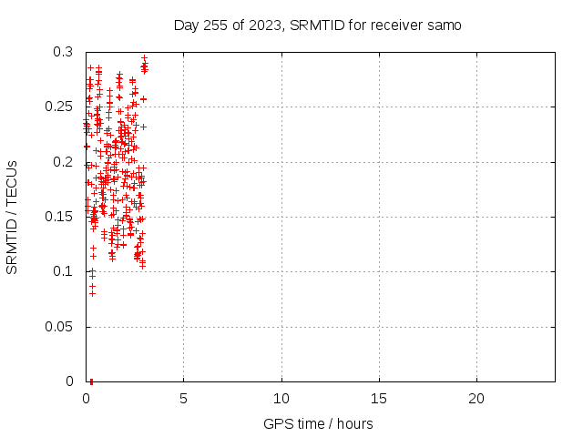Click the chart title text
coord(318,25)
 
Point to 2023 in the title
coord(265,25)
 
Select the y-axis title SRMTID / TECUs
coord(12,218)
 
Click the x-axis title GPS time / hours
coord(318,423)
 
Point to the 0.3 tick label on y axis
coord(63,52)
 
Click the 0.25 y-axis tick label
coord(58,107)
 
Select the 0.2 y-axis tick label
coord(63,162)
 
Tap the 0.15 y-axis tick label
coord(58,217)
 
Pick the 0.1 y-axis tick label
coord(63,271)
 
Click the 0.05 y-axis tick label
coord(58,327)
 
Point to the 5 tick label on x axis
coord(183,399)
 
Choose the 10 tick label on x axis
coord(281,399)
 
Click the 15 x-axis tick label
coord(379,399)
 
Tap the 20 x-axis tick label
coord(476,399)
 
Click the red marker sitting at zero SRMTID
coord(91,381)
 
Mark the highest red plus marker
coord(145,58)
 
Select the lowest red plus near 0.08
coord(93,293)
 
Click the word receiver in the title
coord(396,25)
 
